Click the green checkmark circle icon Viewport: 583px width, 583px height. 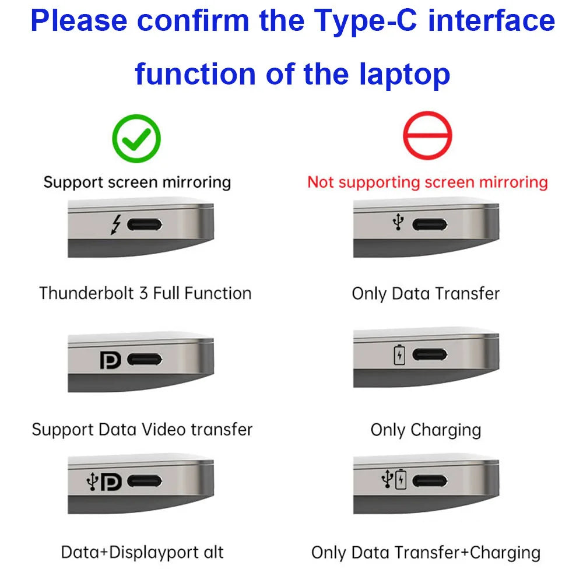tap(136, 138)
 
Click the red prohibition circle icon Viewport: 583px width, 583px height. tap(427, 135)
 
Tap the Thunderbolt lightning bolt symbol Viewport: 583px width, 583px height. tap(117, 224)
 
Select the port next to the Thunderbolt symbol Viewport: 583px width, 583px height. tap(145, 224)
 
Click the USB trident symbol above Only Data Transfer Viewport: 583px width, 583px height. tap(398, 222)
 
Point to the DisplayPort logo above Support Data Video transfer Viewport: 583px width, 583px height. tap(110, 360)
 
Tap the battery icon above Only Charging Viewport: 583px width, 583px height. tap(399, 354)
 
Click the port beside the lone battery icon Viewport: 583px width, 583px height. tap(430, 354)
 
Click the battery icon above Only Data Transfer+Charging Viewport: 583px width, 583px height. tap(401, 480)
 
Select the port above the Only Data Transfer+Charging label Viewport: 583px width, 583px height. tap(430, 481)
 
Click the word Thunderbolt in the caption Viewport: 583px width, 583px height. tap(86, 293)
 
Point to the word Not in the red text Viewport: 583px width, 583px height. tap(321, 182)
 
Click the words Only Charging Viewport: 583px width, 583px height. tap(426, 430)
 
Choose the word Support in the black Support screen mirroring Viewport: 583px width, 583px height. tap(73, 182)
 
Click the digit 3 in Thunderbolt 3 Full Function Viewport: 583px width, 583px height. tap(143, 293)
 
